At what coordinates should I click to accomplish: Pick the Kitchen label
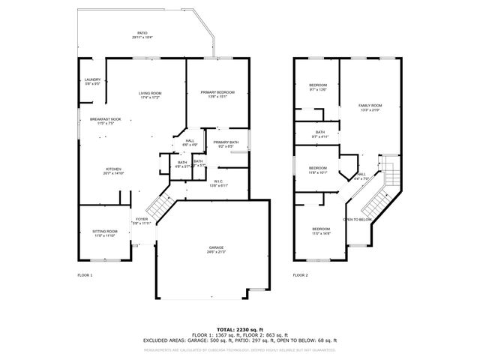(x=113, y=171)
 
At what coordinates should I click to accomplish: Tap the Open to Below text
(x=358, y=219)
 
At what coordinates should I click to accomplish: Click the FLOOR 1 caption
(x=85, y=276)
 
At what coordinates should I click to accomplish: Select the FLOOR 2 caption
(x=300, y=276)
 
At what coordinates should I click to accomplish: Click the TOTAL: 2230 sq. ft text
(x=240, y=330)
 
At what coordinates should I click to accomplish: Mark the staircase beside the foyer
(x=160, y=202)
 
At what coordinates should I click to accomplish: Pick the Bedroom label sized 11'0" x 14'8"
(x=321, y=230)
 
